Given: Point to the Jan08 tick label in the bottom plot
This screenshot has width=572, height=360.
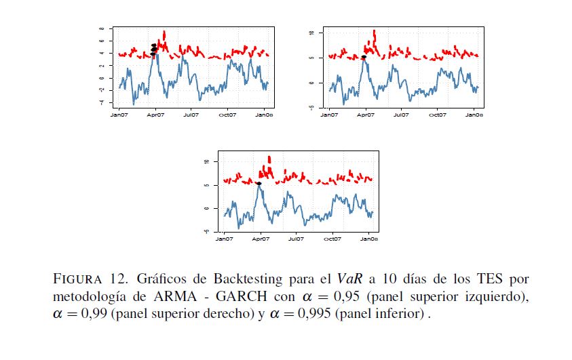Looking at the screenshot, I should click(368, 239).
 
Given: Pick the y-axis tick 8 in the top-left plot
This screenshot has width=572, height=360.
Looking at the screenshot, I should click(101, 29).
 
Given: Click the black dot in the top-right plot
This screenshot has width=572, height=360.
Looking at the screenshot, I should click(364, 58).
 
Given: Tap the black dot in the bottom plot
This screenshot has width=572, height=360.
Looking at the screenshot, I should click(259, 183).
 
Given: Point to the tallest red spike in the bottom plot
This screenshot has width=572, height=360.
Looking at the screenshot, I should click(269, 159).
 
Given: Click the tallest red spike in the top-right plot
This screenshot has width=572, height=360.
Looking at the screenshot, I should click(375, 32).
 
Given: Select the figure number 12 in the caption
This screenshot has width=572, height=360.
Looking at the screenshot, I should click(119, 279).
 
